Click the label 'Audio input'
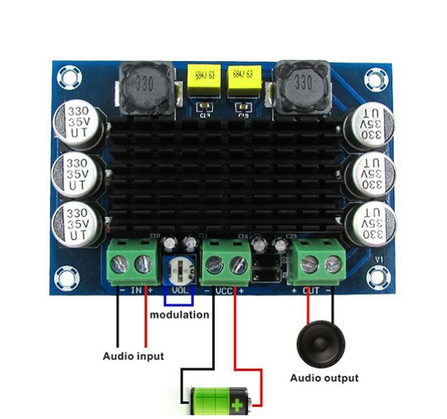[133, 356]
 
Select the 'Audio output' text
[324, 377]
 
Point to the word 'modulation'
[180, 315]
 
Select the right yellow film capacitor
[246, 80]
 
